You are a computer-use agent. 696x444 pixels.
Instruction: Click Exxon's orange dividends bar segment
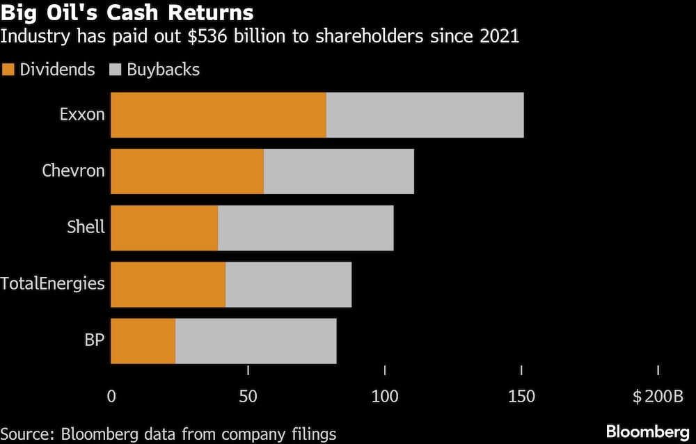pos(219,115)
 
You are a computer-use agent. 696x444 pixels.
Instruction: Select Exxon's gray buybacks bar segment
pos(425,115)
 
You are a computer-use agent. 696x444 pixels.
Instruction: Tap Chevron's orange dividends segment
pos(187,171)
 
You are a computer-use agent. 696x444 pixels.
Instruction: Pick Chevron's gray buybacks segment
pos(339,171)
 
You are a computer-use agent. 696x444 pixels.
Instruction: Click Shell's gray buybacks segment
pos(306,228)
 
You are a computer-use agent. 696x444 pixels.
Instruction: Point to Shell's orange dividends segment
pos(164,228)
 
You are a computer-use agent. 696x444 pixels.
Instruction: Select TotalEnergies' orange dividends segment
pos(168,285)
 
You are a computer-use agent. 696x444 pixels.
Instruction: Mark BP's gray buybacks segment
pos(255,341)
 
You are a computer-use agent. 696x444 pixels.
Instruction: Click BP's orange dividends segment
pos(143,341)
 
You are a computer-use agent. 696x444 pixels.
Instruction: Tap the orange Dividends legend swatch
pos(8,70)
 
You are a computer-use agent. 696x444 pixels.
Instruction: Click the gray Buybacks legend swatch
pos(116,70)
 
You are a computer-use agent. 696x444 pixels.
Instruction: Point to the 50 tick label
pos(248,397)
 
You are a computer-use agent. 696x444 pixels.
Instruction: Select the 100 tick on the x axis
pos(385,397)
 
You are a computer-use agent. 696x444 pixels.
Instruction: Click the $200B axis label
pos(658,397)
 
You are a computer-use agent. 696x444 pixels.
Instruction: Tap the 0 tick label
pos(111,397)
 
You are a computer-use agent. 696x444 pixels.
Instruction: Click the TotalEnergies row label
pos(52,284)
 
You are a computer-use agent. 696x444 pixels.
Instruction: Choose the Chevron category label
pos(73,171)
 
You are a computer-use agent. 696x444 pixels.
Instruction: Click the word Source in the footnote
pos(26,434)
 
